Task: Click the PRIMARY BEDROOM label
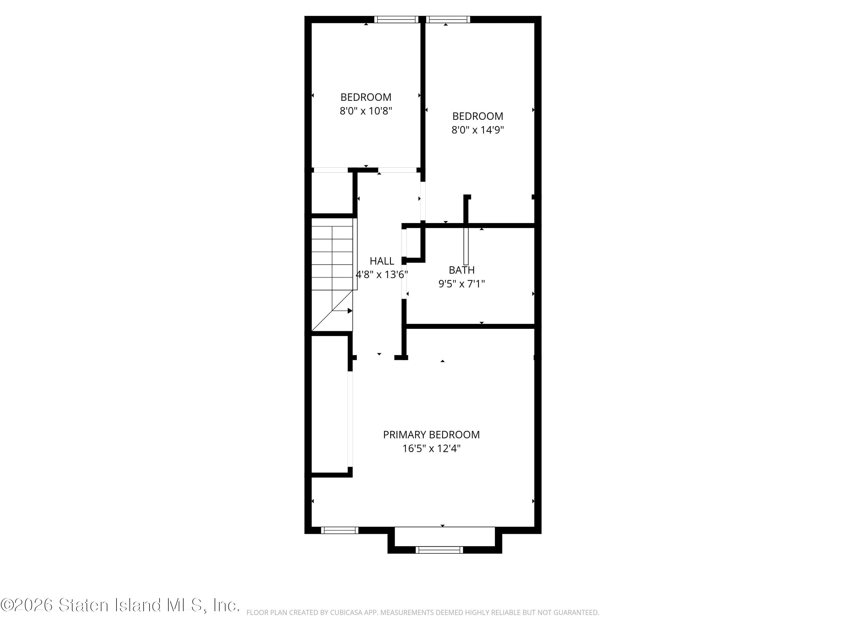tap(431, 435)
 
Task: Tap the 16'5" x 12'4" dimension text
tap(431, 448)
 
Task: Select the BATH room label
tap(462, 270)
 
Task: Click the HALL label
tap(382, 261)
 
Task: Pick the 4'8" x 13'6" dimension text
tap(382, 275)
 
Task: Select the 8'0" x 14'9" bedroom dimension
tap(478, 130)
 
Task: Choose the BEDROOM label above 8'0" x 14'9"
tap(478, 116)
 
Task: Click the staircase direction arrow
tap(349, 311)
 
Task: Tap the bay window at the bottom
tap(439, 549)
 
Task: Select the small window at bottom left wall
tap(340, 530)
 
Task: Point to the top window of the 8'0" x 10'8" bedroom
tap(396, 19)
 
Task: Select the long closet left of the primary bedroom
tap(329, 405)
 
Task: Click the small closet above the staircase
tap(332, 193)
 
